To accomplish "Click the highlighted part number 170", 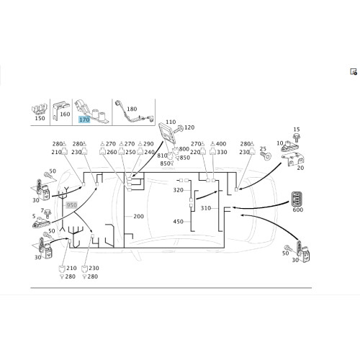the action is [84, 120].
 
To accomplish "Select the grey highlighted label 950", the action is [71, 205].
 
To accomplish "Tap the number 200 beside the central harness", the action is [138, 216].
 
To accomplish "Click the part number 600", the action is [298, 210].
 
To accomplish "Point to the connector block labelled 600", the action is [297, 199].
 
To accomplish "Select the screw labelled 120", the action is [179, 129].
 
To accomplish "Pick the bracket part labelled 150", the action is [39, 109].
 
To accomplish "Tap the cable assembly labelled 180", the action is [134, 113].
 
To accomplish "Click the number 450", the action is [179, 222].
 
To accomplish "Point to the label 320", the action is [179, 190].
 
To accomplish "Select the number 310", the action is [206, 208].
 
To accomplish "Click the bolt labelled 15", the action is [297, 138].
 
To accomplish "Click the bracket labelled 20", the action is [293, 160].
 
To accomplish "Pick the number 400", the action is [221, 144].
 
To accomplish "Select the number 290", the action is [148, 144].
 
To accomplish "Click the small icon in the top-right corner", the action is [354, 72].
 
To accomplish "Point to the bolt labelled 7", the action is [48, 213].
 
